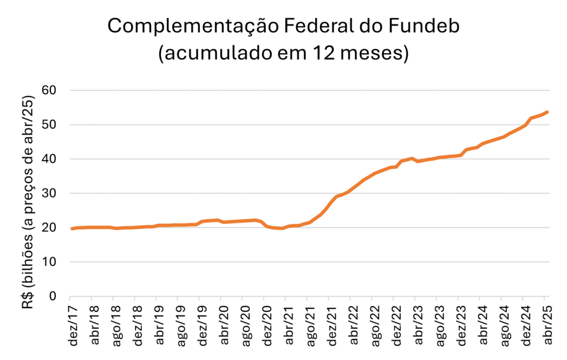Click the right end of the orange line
point(547,112)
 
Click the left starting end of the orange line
point(72,228)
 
